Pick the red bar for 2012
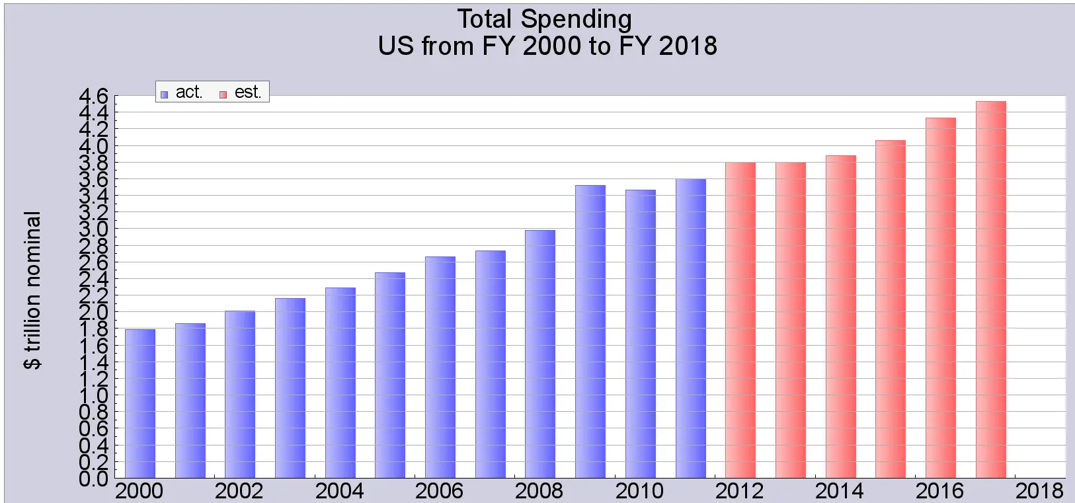740,320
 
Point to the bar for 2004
340,383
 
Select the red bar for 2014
840,317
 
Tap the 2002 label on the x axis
239,491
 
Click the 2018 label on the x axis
1039,491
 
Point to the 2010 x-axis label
639,491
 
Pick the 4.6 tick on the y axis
93,97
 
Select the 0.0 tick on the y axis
93,479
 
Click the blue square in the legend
164,94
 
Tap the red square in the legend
223,94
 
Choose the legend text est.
248,92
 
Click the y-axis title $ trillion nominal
32,290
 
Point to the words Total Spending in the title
544,19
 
